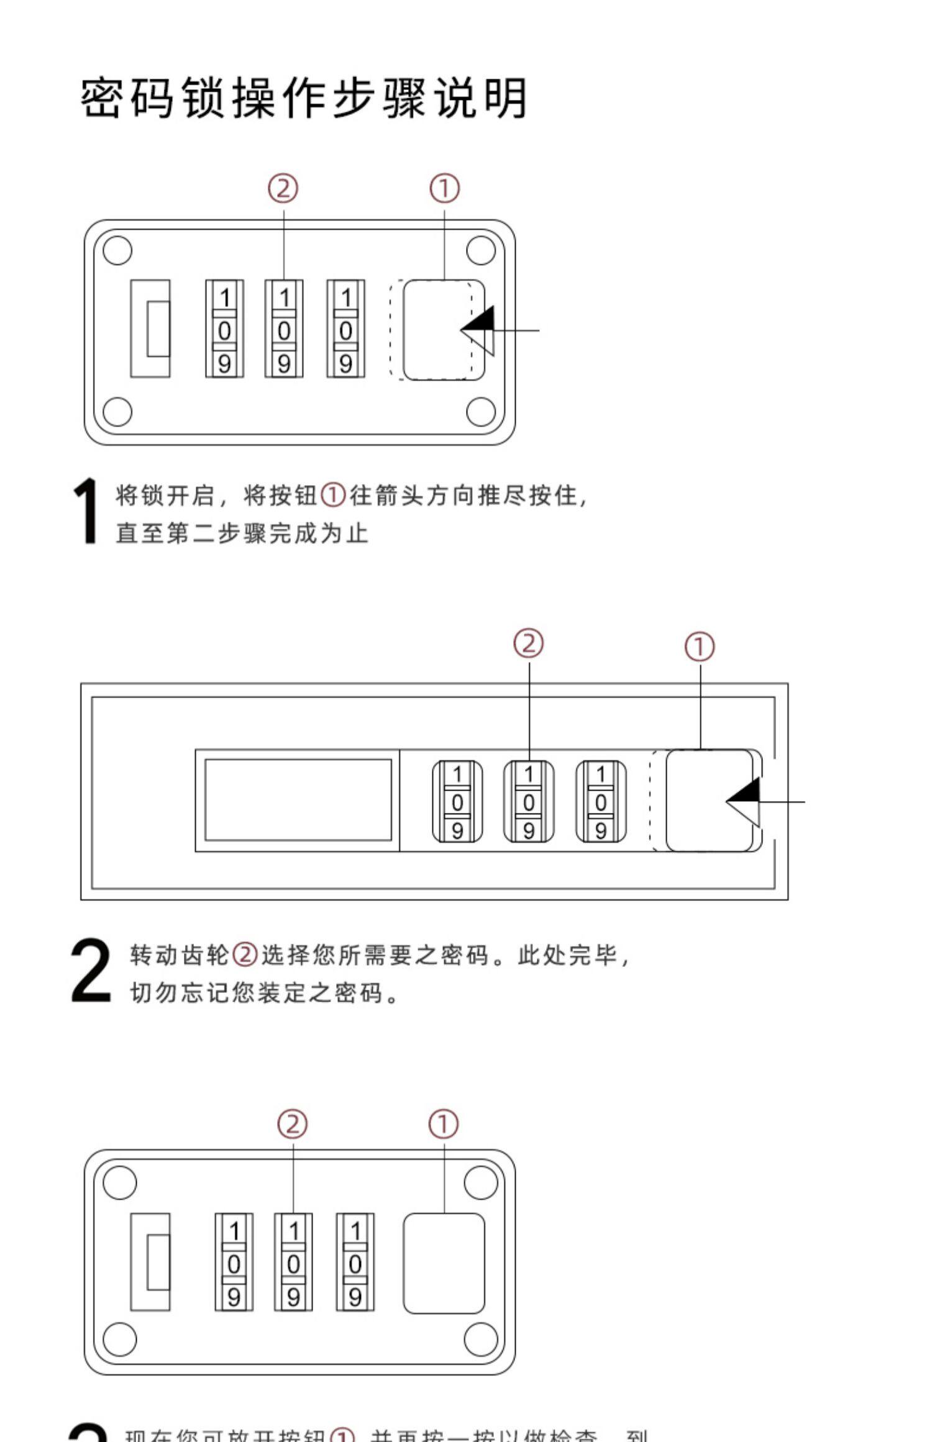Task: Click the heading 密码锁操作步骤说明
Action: [304, 98]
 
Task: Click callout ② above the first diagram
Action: [283, 188]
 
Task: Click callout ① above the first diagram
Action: [445, 188]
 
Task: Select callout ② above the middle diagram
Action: [528, 643]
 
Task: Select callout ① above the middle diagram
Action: [700, 646]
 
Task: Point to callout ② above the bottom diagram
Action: [293, 1124]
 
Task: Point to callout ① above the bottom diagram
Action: [444, 1124]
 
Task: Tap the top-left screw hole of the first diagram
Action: [117, 250]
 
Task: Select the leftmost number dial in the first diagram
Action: [224, 329]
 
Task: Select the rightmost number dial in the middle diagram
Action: [600, 801]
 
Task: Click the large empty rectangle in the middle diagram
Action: [298, 800]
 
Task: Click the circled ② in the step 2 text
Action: [245, 955]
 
